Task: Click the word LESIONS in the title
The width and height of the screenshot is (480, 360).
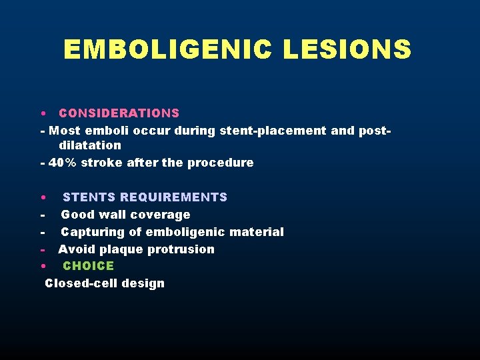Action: (347, 49)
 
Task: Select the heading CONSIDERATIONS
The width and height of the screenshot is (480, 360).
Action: (119, 113)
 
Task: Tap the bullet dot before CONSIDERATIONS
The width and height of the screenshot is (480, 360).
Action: (42, 114)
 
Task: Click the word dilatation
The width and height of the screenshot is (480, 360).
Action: (90, 145)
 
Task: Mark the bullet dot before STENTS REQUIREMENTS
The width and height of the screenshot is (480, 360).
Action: (42, 198)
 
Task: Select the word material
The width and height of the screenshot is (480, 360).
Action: (257, 232)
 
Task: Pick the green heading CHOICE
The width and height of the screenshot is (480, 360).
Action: (89, 266)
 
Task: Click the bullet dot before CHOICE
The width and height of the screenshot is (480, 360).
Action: (42, 267)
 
